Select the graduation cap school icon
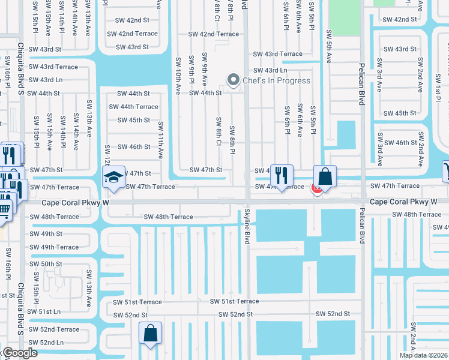[113, 177]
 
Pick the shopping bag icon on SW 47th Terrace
[325, 176]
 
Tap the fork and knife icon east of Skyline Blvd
[281, 175]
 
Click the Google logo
[19, 353]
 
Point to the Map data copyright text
[424, 355]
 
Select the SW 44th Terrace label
[133, 107]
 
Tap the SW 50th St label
[46, 264]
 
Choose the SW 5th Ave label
[329, 47]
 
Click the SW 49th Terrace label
[54, 247]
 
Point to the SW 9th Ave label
[205, 69]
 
